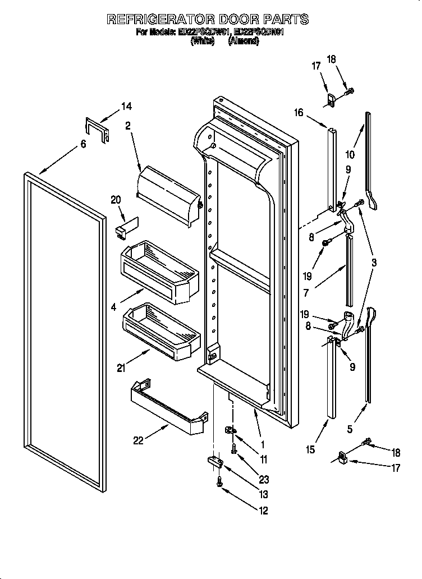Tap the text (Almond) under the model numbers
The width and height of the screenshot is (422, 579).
[x=243, y=42]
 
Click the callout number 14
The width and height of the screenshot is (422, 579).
[x=126, y=106]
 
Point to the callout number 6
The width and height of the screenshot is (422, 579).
[x=83, y=144]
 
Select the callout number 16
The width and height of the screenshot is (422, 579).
[x=297, y=113]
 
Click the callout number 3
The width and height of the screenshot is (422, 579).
[x=373, y=262]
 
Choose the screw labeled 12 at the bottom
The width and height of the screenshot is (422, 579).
[x=219, y=481]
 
